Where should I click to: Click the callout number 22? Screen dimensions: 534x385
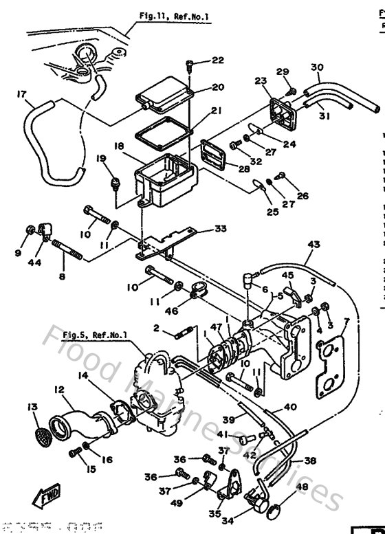[x=217, y=60]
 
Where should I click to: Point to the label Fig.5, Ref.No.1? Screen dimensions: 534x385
[x=95, y=335]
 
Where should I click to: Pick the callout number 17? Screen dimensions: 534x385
[x=21, y=93]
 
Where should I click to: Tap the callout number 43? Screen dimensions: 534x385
[x=314, y=245]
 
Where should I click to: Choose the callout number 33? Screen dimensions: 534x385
[x=219, y=228]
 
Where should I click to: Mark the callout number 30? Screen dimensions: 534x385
[x=317, y=67]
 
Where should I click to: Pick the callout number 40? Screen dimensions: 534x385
[x=290, y=407]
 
